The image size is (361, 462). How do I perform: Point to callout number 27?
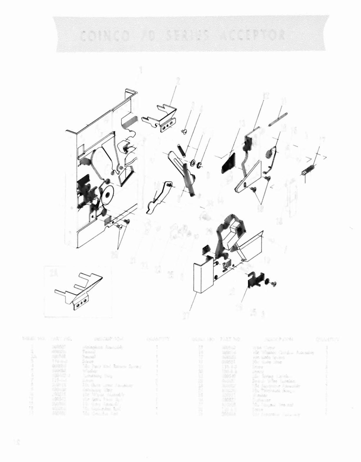point(186,316)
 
